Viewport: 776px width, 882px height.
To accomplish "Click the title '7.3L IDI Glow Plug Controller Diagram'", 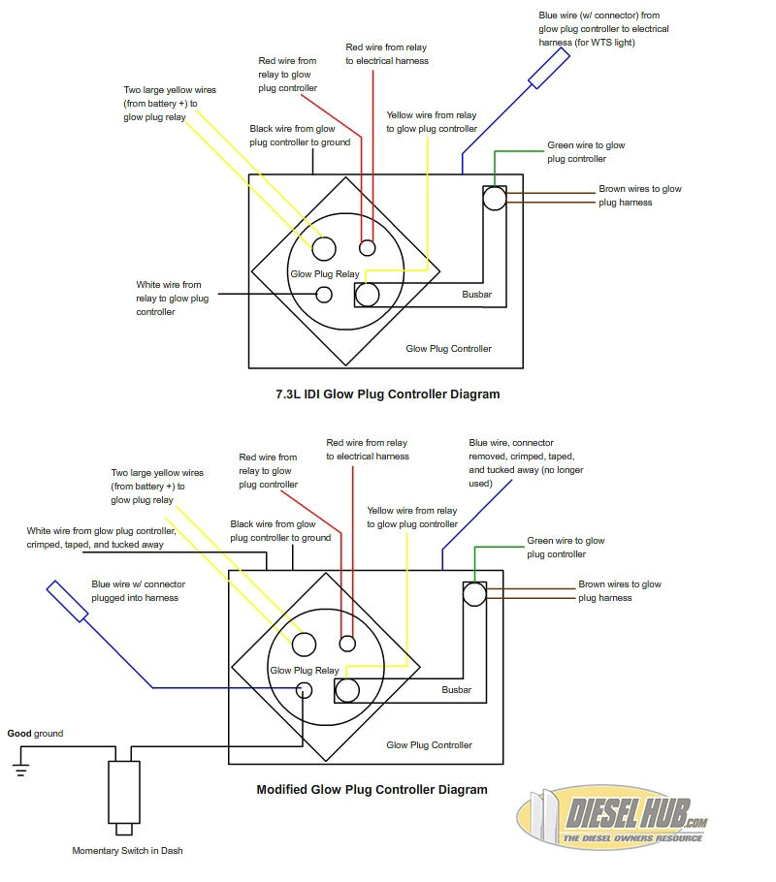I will coord(388,394).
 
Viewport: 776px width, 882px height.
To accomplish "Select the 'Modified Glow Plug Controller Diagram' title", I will coord(372,789).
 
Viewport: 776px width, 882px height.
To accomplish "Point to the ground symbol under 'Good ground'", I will coord(20,770).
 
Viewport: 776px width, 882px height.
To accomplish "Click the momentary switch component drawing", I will coord(123,791).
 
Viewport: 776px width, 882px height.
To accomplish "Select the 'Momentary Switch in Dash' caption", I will coord(127,851).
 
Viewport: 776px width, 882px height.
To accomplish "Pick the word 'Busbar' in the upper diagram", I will coord(477,293).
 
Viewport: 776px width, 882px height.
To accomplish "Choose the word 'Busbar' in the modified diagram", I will coord(456,690).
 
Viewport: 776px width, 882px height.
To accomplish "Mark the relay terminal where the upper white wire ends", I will coord(324,294).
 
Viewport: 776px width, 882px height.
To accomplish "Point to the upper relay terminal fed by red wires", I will coord(368,247).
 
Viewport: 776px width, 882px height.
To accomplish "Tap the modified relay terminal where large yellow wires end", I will coord(305,645).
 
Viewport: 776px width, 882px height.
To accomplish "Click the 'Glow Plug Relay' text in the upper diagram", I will coord(325,274).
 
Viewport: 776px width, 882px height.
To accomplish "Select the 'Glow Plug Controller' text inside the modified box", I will coord(429,745).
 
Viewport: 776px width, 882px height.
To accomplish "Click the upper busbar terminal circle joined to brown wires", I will coord(495,198).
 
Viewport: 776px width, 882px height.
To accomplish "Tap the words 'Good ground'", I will coord(35,734).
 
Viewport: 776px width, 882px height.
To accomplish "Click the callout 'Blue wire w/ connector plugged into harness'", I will coord(138,591).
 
